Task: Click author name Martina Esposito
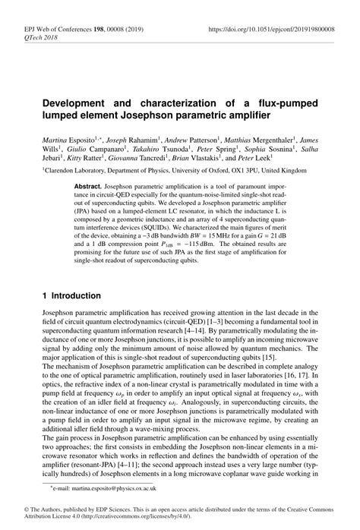tap(64, 140)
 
